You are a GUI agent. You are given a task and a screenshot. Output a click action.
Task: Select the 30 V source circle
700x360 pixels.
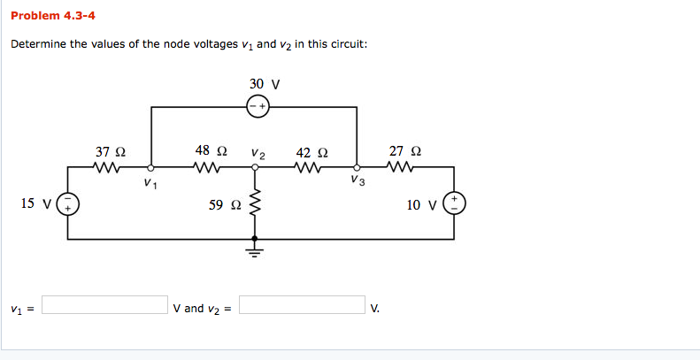(x=257, y=107)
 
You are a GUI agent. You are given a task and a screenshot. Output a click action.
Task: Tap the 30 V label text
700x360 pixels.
(x=265, y=84)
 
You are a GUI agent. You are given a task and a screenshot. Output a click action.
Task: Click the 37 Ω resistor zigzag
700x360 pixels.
(x=109, y=166)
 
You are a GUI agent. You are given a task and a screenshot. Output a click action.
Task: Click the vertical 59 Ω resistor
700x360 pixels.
(x=256, y=206)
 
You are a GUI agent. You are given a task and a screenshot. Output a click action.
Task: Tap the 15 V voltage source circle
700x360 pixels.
(x=68, y=204)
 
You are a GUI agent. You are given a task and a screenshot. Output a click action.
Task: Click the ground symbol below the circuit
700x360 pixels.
(x=256, y=249)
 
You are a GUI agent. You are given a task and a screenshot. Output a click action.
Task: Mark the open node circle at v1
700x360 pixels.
(x=151, y=166)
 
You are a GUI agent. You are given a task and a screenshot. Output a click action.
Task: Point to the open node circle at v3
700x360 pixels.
(x=357, y=166)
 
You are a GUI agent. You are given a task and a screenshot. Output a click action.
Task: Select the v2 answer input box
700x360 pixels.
(x=302, y=305)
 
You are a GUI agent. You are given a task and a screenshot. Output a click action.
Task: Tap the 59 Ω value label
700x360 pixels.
(x=225, y=205)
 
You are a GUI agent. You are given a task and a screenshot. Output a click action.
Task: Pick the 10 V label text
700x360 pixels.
(x=421, y=205)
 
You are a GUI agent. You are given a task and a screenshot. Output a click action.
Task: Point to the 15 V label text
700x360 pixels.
(x=35, y=204)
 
